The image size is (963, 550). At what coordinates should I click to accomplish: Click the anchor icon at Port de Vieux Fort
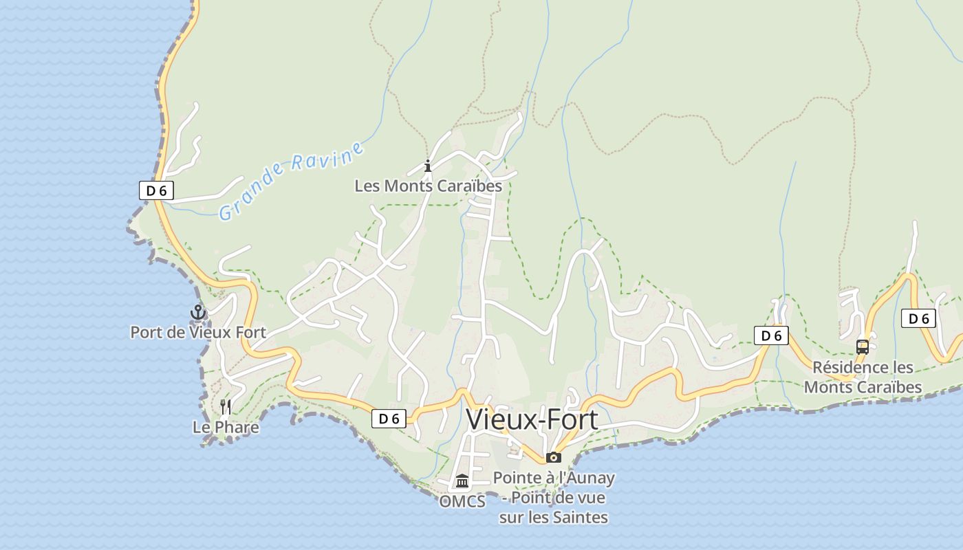pyautogui.click(x=198, y=313)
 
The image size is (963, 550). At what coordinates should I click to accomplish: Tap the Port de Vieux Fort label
pyautogui.click(x=198, y=332)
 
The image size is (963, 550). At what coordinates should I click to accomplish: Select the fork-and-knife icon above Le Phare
pyautogui.click(x=226, y=407)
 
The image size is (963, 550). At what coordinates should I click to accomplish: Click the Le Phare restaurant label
pyautogui.click(x=226, y=427)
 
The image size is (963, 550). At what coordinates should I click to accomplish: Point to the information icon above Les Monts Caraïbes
pyautogui.click(x=428, y=166)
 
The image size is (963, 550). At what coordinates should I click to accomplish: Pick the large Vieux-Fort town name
pyautogui.click(x=532, y=419)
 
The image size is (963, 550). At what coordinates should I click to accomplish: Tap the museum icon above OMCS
pyautogui.click(x=462, y=481)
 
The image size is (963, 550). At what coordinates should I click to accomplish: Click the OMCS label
pyautogui.click(x=462, y=501)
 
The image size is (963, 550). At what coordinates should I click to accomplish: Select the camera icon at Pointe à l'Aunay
pyautogui.click(x=554, y=457)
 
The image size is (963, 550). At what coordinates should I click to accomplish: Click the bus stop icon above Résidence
pyautogui.click(x=863, y=347)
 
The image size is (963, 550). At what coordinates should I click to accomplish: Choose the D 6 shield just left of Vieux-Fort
pyautogui.click(x=389, y=418)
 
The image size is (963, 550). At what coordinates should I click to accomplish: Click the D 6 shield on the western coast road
pyautogui.click(x=156, y=190)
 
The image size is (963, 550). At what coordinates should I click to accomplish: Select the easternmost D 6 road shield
pyautogui.click(x=919, y=318)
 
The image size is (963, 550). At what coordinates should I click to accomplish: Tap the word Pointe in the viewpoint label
pyautogui.click(x=517, y=477)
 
